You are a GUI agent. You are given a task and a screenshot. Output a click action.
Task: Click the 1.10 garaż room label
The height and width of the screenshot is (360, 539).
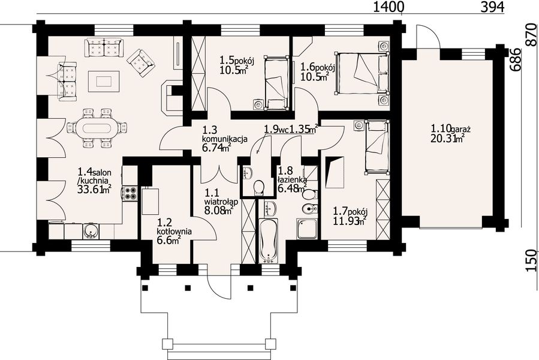[451, 130]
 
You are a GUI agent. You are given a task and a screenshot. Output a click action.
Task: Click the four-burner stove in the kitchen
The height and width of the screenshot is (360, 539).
[130, 193]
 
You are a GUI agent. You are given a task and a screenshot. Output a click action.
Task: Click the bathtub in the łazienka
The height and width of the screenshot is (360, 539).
[268, 239]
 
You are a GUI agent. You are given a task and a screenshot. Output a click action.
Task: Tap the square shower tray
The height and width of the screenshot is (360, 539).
[307, 229]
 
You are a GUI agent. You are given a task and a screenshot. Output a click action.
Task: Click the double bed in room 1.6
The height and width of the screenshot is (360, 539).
[363, 73]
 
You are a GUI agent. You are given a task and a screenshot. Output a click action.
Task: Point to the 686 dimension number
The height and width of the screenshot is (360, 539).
[514, 59]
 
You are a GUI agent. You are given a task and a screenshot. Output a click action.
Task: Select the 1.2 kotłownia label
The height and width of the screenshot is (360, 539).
[174, 227]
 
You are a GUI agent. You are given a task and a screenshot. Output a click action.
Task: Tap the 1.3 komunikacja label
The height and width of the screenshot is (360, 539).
[225, 135]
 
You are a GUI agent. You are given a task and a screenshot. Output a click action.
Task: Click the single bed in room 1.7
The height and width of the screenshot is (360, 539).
[377, 146]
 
